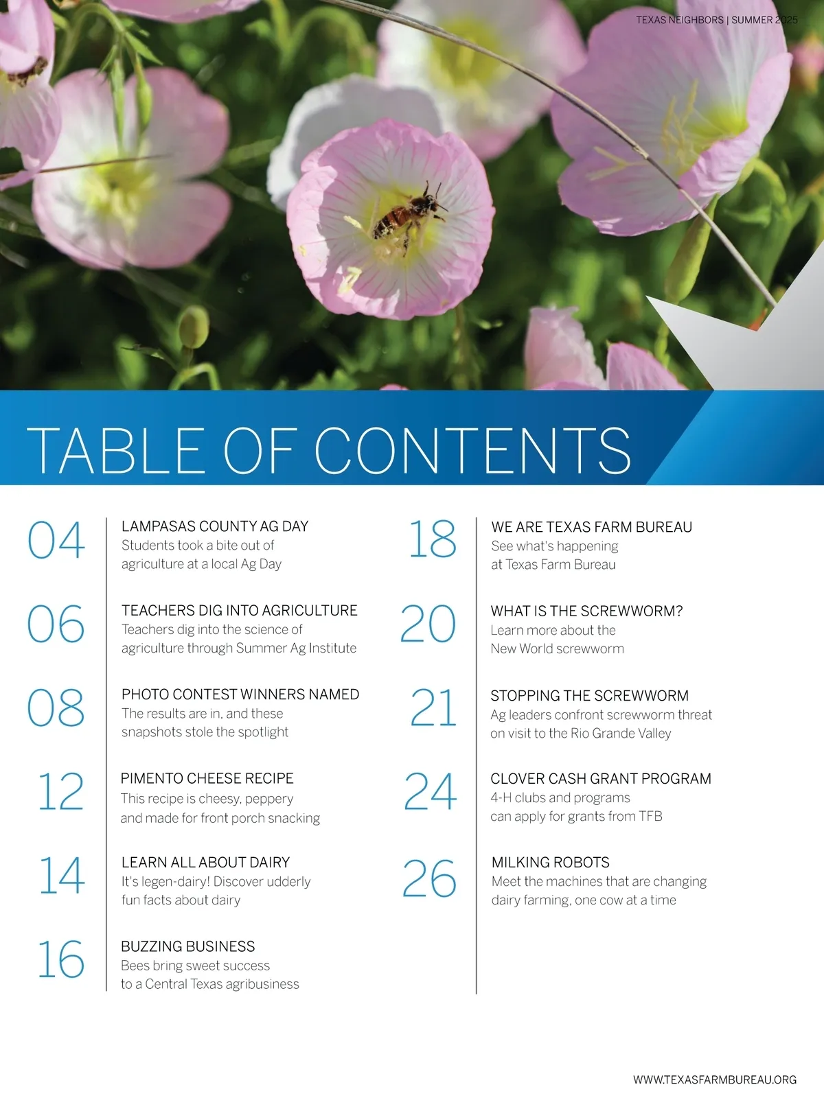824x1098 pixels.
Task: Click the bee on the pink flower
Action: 406,215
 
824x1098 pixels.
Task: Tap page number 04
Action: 56,540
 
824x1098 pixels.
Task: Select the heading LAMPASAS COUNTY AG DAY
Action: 215,526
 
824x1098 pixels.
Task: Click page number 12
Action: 60,792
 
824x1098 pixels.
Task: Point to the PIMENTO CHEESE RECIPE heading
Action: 207,778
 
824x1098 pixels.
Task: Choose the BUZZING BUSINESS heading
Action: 187,946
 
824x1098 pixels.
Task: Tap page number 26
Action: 429,878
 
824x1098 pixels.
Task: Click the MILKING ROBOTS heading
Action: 550,863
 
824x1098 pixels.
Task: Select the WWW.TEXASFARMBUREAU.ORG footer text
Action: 714,1079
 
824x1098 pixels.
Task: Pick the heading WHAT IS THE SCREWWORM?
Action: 586,611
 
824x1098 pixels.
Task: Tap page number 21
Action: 433,708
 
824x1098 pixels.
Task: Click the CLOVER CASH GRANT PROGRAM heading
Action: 600,779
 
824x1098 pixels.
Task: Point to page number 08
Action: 56,708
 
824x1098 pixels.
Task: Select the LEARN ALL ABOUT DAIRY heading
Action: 205,863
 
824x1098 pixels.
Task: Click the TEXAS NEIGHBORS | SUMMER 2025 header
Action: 716,20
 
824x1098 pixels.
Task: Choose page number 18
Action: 432,539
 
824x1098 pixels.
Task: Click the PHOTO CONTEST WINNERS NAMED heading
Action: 240,694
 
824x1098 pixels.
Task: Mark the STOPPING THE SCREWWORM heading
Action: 589,696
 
